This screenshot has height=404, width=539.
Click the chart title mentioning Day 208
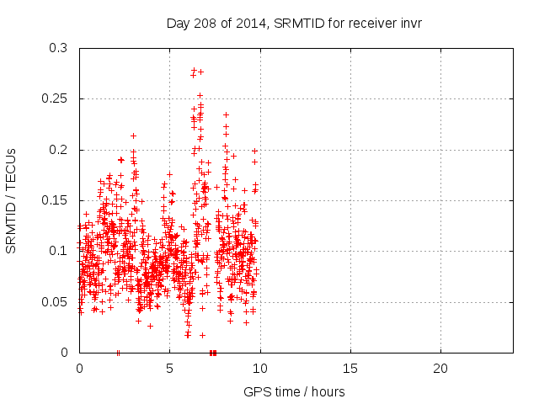tap(294, 23)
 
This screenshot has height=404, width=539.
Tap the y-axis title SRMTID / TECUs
tap(12, 200)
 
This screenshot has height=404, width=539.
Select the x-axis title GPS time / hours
tap(294, 392)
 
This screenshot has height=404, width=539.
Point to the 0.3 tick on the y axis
tap(57, 48)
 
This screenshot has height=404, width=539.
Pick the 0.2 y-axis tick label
tap(57, 150)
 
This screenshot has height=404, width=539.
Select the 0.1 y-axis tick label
tap(57, 251)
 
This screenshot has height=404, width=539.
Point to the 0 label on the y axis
tap(64, 353)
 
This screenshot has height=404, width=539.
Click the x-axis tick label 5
tap(169, 369)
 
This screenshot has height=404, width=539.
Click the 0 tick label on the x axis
tap(79, 369)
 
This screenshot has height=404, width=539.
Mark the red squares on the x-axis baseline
tap(213, 352)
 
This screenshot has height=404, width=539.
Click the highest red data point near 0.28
tap(194, 69)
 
